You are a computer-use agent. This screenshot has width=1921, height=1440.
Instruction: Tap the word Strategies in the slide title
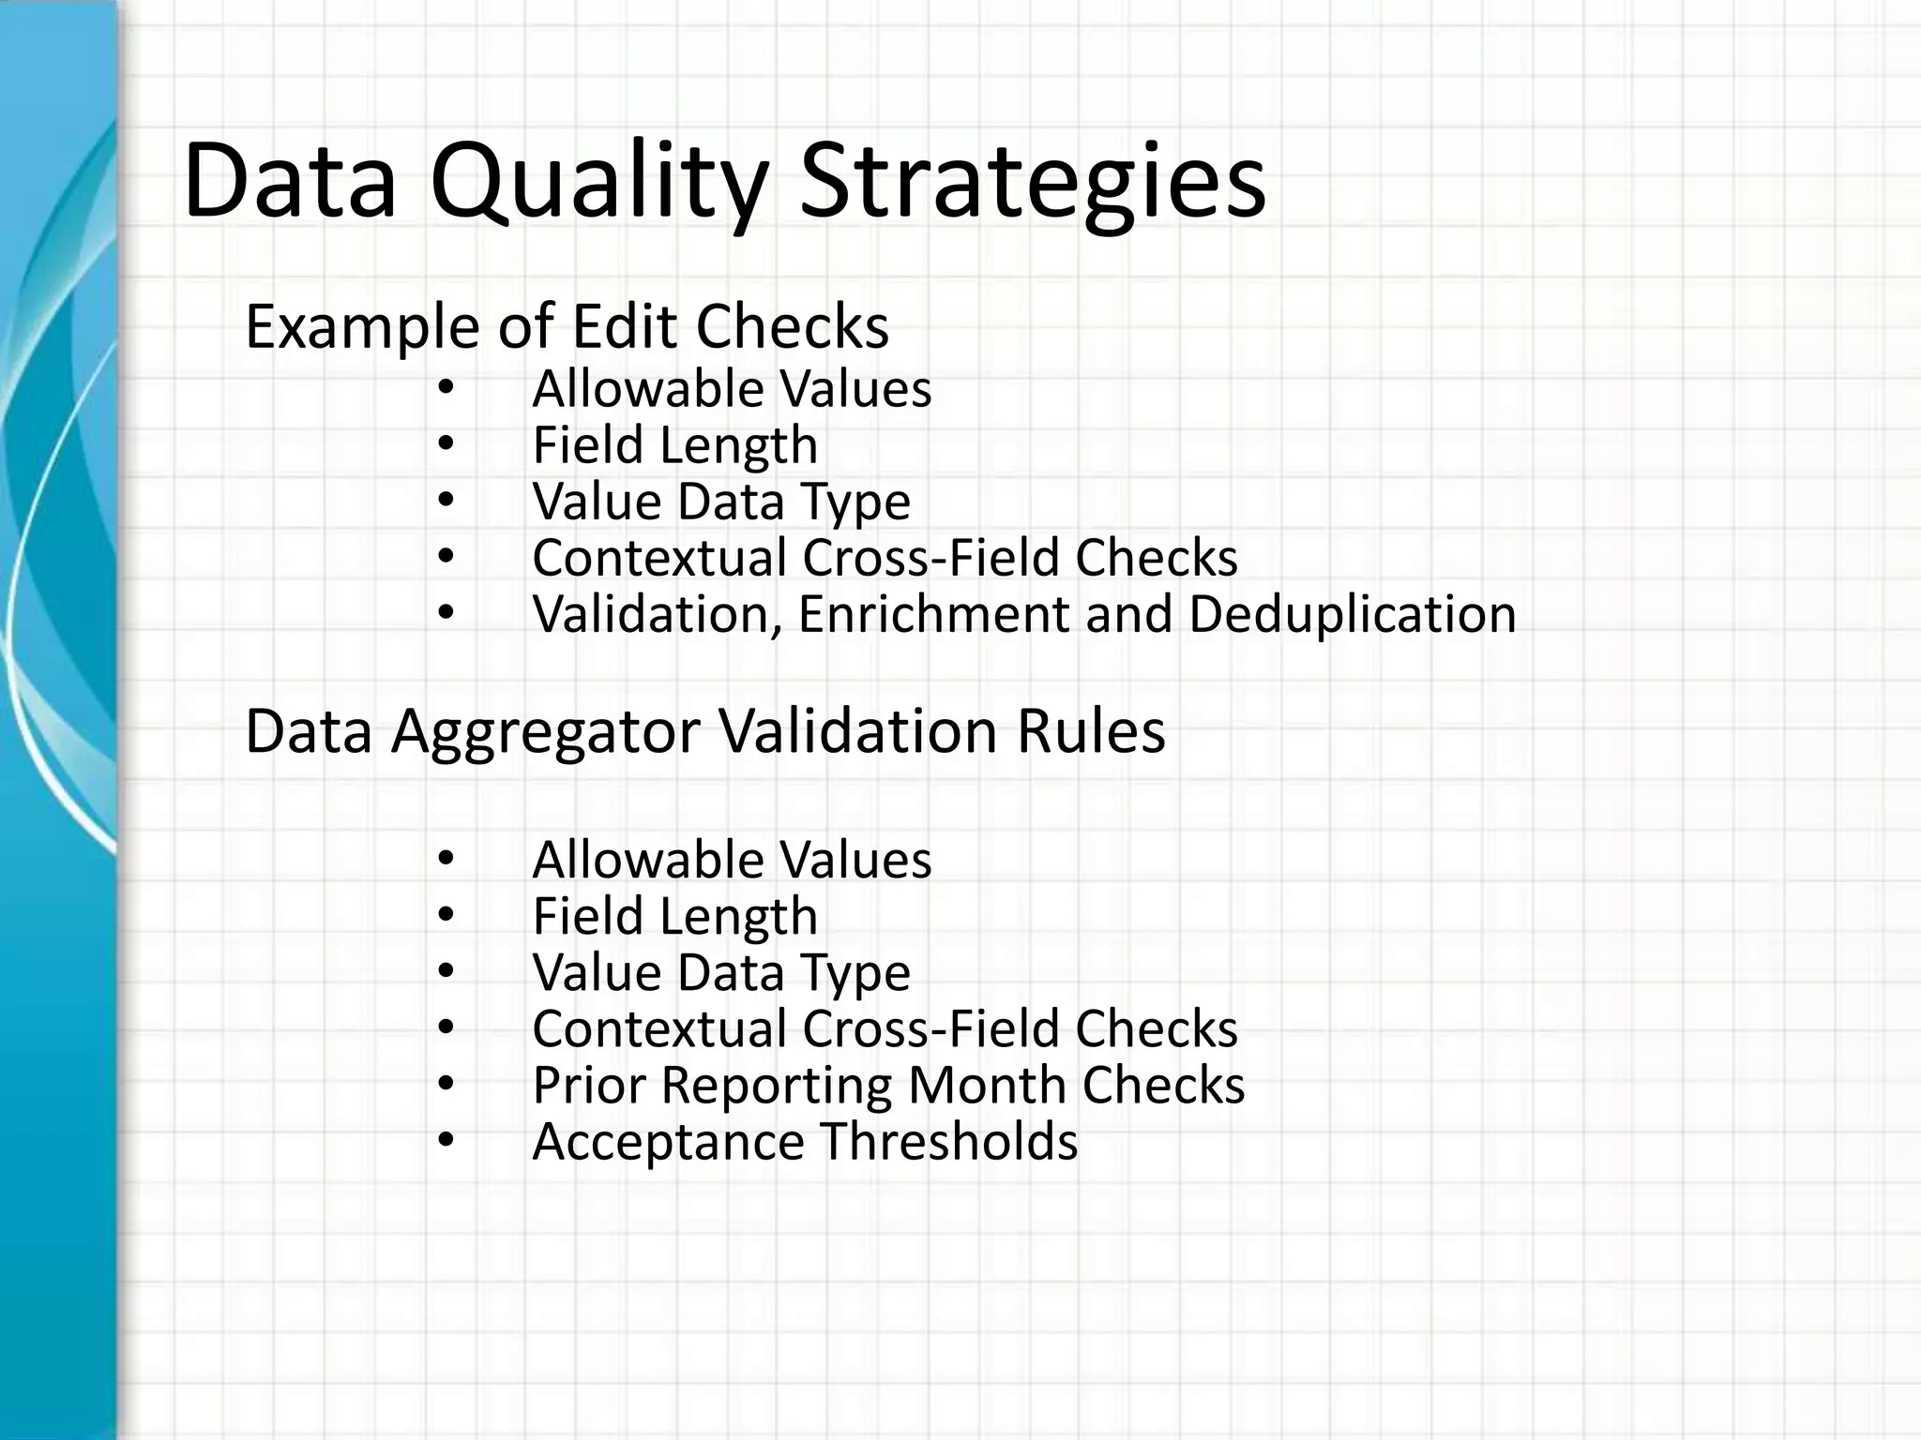tap(1032, 182)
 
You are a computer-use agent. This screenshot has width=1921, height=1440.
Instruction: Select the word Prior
tap(588, 1085)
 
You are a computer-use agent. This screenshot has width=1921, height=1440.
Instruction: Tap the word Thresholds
tap(949, 1141)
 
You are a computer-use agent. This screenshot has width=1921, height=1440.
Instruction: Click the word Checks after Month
tap(1163, 1085)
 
